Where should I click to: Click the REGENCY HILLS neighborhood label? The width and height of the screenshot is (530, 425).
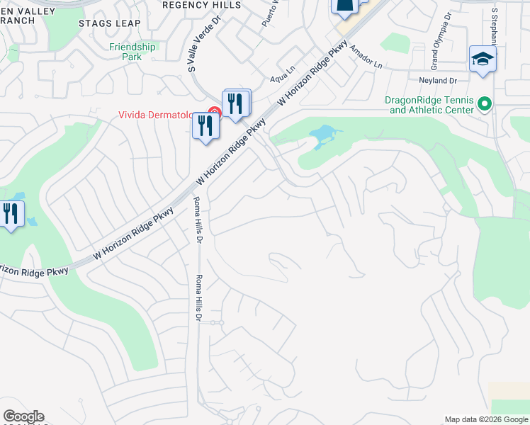tap(202, 4)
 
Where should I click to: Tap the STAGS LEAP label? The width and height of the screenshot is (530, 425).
tap(110, 23)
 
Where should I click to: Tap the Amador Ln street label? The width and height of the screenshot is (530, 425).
tap(369, 55)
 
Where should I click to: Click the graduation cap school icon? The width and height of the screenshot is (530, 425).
tap(483, 59)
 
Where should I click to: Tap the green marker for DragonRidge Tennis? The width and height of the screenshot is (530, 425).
tap(485, 105)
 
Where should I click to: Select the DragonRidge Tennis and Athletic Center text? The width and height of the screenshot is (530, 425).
tap(430, 105)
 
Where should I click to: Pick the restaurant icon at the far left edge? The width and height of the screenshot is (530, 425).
tap(11, 213)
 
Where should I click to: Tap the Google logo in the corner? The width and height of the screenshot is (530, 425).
tap(23, 416)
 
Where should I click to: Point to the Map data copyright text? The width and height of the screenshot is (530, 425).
tap(486, 419)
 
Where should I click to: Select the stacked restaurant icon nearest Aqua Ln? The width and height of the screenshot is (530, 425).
tap(237, 103)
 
